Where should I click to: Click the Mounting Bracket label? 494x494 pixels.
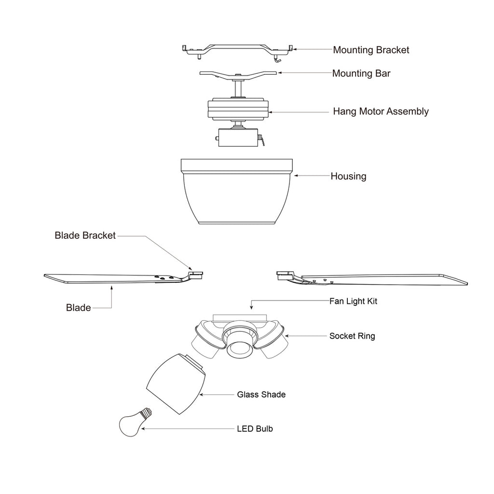click(x=371, y=50)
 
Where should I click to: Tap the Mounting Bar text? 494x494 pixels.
click(x=361, y=74)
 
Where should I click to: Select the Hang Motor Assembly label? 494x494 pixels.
click(x=381, y=111)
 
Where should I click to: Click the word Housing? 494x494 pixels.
click(x=348, y=176)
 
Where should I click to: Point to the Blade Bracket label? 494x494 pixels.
click(x=85, y=236)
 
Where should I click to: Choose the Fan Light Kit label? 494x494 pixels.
click(x=353, y=301)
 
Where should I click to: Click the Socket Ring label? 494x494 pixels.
click(x=352, y=336)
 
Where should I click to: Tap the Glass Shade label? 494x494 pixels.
click(x=261, y=395)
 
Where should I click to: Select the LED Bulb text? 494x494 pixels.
click(x=255, y=428)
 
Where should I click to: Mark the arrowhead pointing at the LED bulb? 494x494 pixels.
click(x=142, y=428)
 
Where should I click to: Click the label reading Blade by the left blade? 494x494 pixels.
click(x=78, y=307)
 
